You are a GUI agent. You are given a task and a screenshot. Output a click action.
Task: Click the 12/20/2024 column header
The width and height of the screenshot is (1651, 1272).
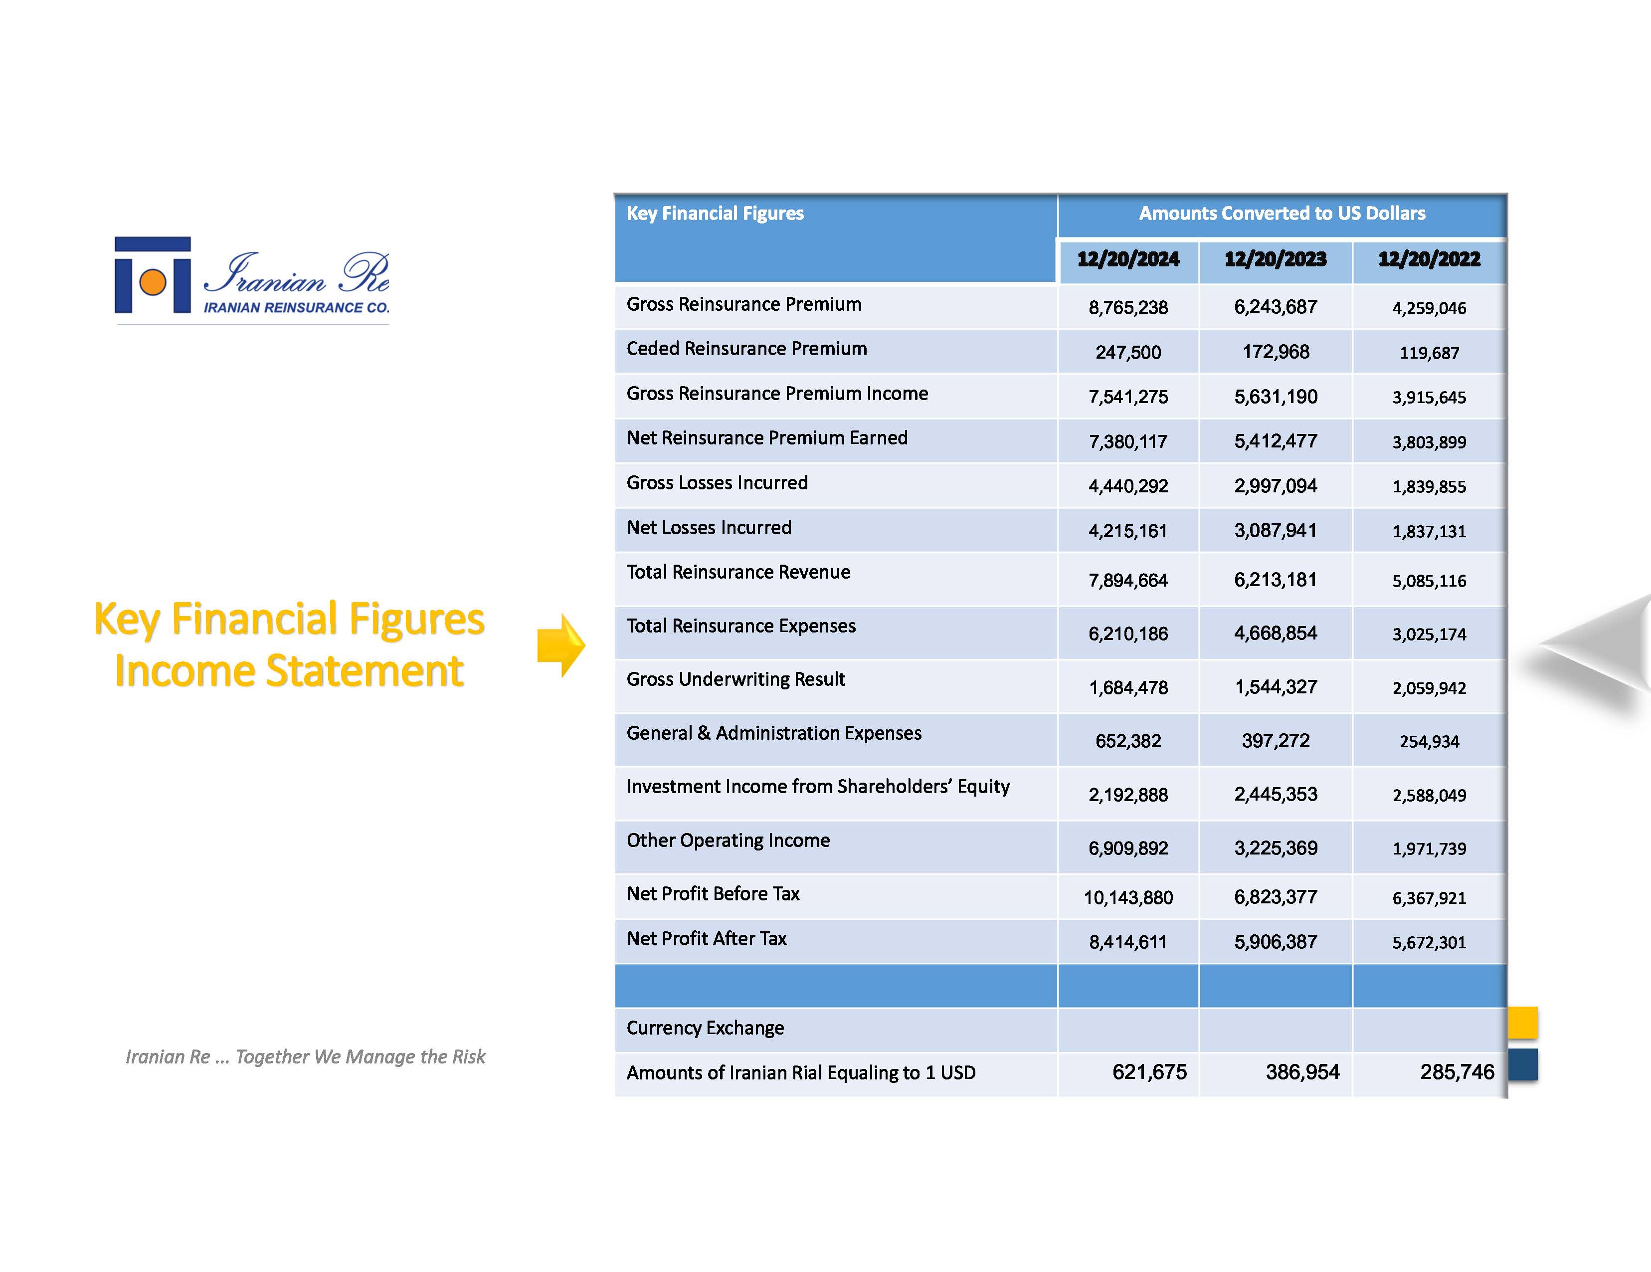click(x=1128, y=259)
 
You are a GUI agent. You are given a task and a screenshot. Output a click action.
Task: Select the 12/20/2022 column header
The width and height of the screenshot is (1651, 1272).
click(x=1429, y=259)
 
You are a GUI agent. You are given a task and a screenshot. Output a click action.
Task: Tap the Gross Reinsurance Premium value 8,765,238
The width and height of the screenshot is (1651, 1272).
click(x=1128, y=308)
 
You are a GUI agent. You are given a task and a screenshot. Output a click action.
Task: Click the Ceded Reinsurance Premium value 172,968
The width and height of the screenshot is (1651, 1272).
click(x=1276, y=352)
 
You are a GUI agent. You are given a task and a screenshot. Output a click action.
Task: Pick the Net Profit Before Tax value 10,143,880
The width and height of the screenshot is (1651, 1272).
click(x=1128, y=898)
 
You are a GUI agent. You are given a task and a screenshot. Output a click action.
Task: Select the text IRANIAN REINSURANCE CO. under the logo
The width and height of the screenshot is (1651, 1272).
click(x=296, y=308)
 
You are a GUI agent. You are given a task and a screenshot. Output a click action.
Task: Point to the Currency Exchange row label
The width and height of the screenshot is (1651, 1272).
click(x=705, y=1028)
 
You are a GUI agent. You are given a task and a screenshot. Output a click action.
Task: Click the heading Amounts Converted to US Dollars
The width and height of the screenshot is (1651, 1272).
click(x=1282, y=214)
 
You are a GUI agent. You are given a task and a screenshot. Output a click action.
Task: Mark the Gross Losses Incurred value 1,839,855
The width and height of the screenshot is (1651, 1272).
click(x=1429, y=486)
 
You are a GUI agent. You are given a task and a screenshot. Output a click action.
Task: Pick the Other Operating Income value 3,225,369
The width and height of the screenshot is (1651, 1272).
click(x=1276, y=848)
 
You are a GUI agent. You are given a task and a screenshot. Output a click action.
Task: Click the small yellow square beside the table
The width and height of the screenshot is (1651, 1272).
click(x=1522, y=1023)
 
